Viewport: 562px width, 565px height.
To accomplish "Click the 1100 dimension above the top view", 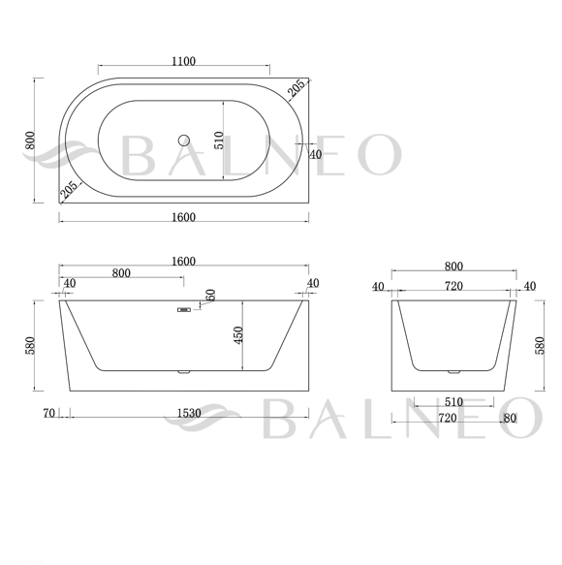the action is tap(184, 61).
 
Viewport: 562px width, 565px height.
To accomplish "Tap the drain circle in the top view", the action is tap(184, 141).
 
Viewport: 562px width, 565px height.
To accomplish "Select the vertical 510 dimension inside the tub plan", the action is tap(219, 141).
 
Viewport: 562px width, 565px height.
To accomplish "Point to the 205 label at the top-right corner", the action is tap(297, 88).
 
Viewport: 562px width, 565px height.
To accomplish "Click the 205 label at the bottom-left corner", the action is tap(69, 190).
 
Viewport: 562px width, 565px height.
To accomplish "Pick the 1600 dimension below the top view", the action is tap(184, 217).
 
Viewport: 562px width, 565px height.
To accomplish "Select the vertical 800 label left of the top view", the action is tap(30, 141).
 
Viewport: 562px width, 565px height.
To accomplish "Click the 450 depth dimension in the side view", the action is tap(238, 335).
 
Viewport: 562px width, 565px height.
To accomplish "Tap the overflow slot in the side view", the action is tap(184, 309).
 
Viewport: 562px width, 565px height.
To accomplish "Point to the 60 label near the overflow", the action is tap(211, 295).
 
